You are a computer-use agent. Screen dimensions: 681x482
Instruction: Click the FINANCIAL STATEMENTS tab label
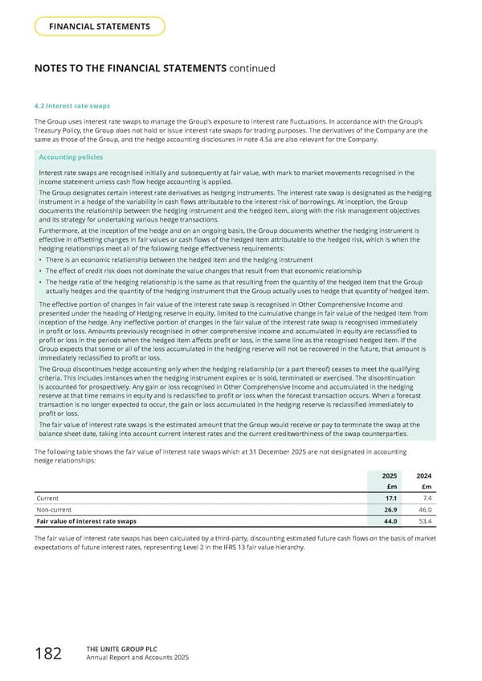100,27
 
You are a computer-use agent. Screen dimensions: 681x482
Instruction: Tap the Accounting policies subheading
70,157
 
